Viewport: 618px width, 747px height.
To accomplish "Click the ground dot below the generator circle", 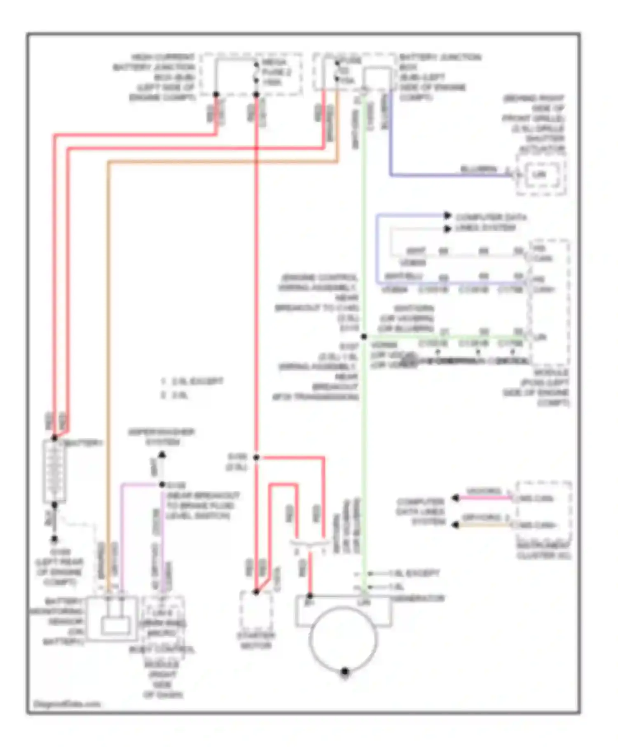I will [x=345, y=672].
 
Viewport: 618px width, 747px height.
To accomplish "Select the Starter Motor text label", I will [x=256, y=640].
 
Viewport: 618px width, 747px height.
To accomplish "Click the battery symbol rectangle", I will [x=54, y=471].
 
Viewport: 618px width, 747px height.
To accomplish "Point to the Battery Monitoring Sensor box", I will [x=112, y=619].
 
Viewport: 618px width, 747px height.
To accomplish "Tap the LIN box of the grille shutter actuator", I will [x=540, y=175].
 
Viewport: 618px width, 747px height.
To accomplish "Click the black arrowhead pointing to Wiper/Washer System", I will [x=162, y=455].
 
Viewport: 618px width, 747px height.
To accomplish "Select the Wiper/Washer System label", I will [x=162, y=437].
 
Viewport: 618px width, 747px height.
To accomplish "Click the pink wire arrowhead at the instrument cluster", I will [x=455, y=498].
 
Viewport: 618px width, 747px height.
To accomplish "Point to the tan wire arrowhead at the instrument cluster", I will [x=455, y=525].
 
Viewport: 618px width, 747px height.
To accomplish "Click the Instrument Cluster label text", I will [x=544, y=551].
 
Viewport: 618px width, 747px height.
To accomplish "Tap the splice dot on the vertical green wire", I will [x=364, y=336].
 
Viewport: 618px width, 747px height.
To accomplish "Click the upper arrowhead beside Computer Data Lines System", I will [x=448, y=215].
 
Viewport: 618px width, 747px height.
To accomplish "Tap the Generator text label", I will [x=418, y=598].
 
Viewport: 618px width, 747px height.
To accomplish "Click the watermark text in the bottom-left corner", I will [x=67, y=704].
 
